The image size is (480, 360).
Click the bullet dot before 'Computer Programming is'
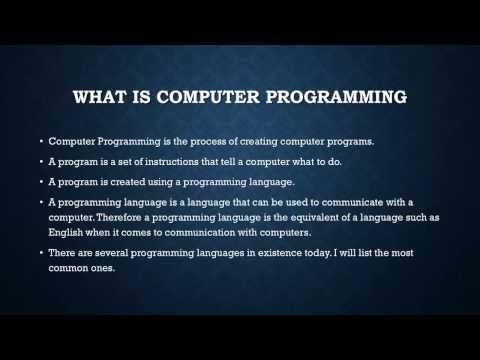click(x=38, y=141)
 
